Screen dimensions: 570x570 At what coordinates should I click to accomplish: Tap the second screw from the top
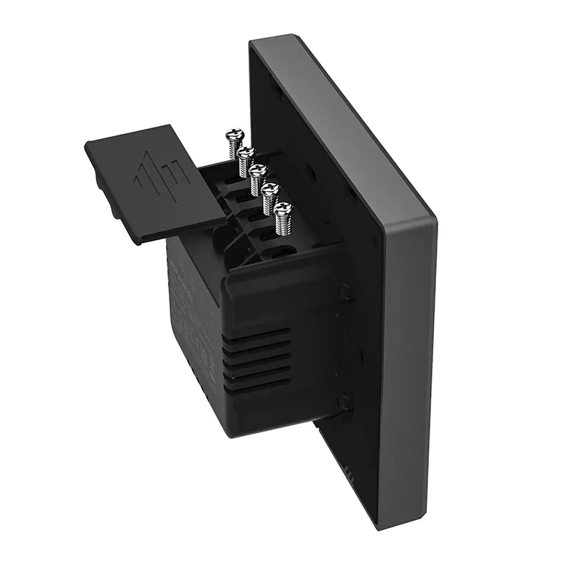247,153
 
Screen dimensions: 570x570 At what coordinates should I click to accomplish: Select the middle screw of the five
258,171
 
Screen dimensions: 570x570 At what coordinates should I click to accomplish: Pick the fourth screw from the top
270,190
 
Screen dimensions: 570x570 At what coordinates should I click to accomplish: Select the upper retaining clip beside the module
345,291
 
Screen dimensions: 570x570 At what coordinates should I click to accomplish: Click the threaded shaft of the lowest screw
281,225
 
